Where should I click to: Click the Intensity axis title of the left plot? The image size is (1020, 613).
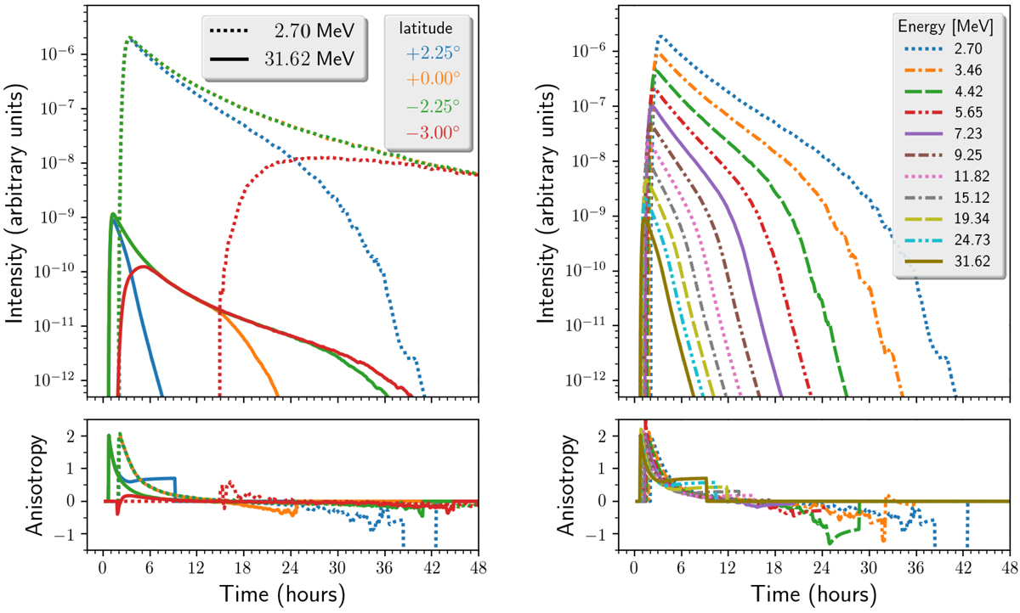[19, 204]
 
